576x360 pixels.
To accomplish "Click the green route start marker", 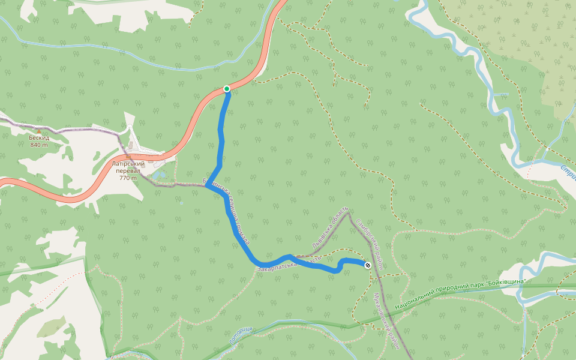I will (227, 89).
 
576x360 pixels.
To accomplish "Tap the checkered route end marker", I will (367, 265).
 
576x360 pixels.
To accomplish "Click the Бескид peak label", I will (38, 137).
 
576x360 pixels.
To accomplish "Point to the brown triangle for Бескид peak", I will (39, 130).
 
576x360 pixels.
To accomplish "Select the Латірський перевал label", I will (128, 167).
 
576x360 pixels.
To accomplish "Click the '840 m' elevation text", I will (38, 145).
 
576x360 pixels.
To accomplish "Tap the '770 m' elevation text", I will (128, 178).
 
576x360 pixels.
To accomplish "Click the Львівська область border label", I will (330, 229).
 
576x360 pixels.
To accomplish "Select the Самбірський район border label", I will (369, 243).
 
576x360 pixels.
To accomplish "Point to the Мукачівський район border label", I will (386, 321).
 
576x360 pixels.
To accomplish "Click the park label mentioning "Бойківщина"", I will (460, 290).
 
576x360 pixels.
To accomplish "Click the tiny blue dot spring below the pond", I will (181, 203).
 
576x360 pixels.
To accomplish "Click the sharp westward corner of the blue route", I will (207, 186).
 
